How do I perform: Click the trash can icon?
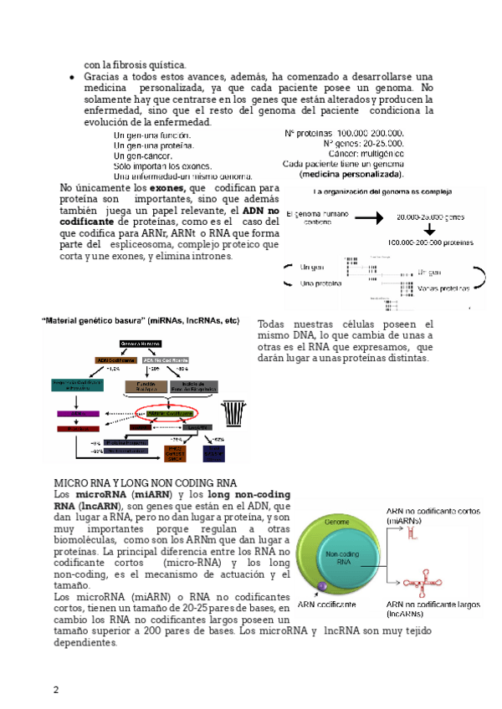click(233, 413)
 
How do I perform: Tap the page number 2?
click(56, 690)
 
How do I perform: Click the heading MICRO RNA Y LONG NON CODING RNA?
click(146, 484)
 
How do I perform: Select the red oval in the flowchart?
click(170, 413)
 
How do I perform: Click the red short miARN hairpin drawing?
click(411, 537)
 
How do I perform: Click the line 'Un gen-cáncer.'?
click(143, 156)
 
